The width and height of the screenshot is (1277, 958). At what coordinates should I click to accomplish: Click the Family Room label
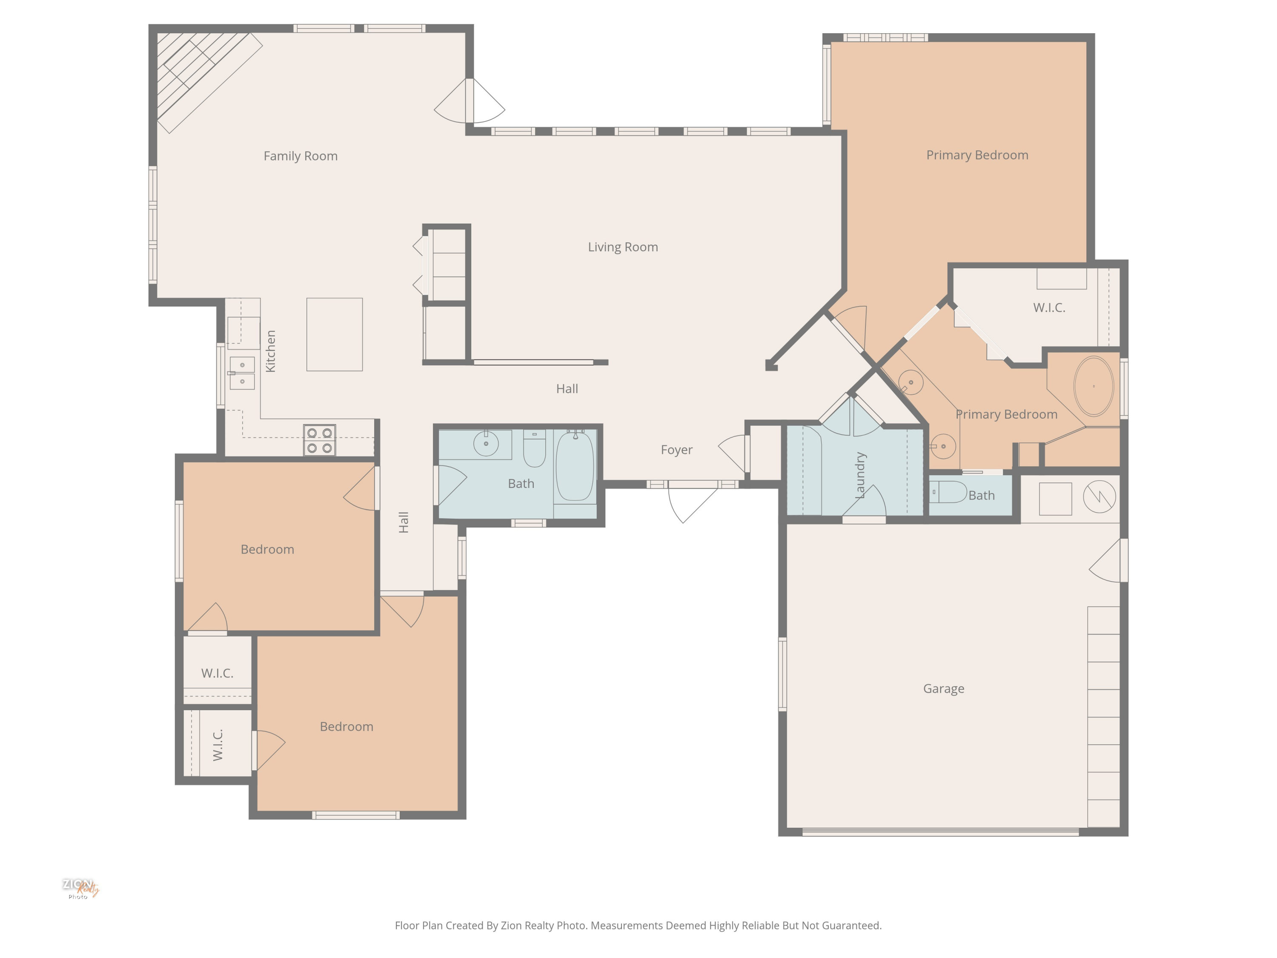(x=300, y=156)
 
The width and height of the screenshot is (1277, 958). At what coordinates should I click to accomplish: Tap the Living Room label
(x=623, y=247)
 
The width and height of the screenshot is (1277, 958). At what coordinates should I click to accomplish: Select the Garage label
(x=943, y=689)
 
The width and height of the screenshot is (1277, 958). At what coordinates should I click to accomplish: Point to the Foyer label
(x=677, y=450)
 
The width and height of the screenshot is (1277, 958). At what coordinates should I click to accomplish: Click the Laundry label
(x=860, y=475)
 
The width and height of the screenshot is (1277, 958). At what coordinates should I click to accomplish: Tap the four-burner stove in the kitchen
(x=319, y=440)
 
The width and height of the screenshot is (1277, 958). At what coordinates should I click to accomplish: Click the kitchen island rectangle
(x=334, y=334)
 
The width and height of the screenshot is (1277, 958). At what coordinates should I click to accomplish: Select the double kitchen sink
(x=242, y=373)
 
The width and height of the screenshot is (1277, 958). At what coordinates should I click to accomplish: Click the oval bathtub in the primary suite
(x=1094, y=386)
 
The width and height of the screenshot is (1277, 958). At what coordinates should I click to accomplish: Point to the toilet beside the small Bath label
(x=948, y=492)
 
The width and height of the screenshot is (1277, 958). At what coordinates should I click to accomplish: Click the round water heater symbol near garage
(x=1099, y=496)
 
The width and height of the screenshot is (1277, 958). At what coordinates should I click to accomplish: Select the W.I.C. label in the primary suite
(x=1049, y=308)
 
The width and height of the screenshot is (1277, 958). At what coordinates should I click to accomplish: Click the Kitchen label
(x=270, y=351)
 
